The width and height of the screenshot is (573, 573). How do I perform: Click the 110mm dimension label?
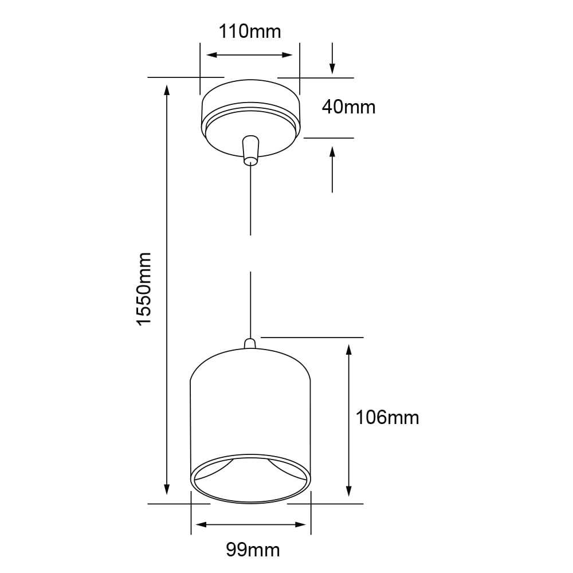point(250,31)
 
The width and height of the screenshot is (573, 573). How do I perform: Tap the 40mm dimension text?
point(348,107)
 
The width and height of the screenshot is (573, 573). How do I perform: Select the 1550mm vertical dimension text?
point(144,289)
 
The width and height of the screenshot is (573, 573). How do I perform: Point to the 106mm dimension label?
point(387,417)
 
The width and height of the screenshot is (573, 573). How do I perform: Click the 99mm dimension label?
point(253,551)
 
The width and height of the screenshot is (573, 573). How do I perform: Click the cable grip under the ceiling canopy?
point(250,150)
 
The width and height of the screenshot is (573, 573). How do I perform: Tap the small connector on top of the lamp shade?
point(250,344)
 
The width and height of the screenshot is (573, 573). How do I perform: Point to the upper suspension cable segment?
point(250,201)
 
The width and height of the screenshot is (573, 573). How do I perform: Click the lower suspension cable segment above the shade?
point(250,304)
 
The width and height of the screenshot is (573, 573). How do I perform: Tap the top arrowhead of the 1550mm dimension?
point(167,91)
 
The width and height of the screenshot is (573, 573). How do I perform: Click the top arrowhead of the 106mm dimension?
point(348,350)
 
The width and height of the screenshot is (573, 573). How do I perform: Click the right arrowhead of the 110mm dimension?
point(286,55)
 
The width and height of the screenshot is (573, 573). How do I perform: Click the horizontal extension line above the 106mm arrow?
point(312,337)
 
